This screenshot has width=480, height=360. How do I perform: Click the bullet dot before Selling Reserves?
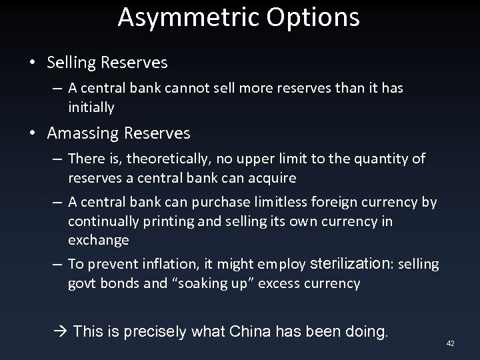32,63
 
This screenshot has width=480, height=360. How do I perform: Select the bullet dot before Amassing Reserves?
32,133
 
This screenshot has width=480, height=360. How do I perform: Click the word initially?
91,107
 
